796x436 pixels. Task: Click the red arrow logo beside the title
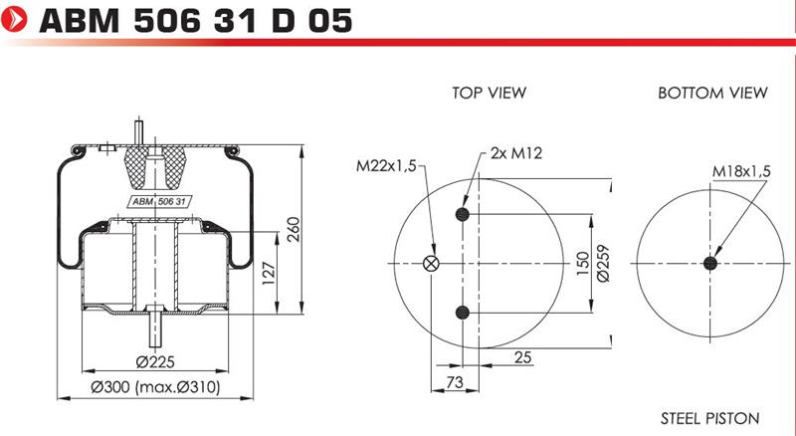[x=14, y=19]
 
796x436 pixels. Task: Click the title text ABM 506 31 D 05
[x=195, y=21]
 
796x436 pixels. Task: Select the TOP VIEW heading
[x=490, y=93]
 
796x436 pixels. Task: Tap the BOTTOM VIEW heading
[x=712, y=93]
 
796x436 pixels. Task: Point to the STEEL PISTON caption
[x=709, y=419]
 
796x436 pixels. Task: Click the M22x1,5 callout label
[x=386, y=165]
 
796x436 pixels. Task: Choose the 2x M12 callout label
[x=516, y=153]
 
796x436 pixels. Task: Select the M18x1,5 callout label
[x=741, y=171]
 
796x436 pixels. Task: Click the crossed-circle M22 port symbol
[x=431, y=263]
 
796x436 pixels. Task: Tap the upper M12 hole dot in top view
[x=462, y=214]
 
